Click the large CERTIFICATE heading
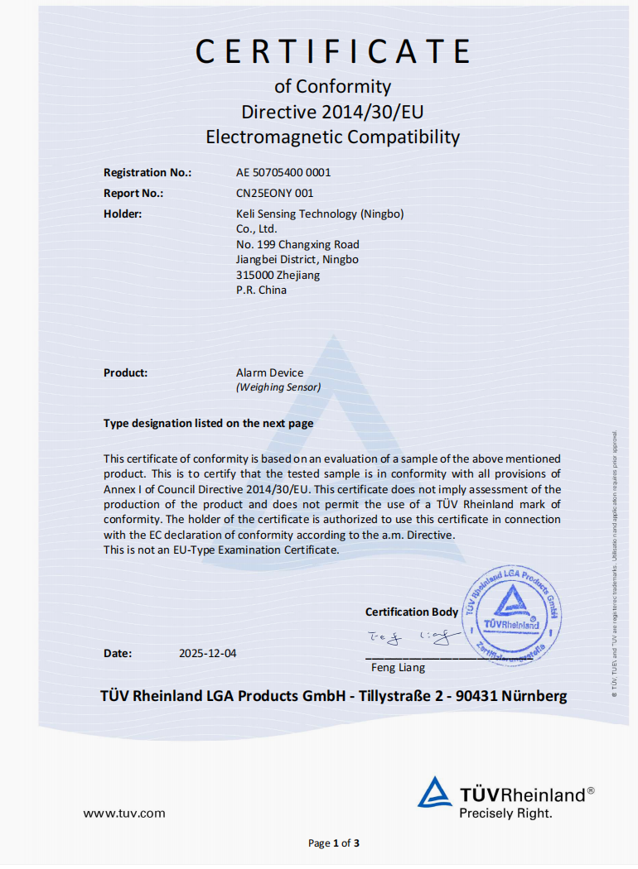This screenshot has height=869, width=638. coord(332,51)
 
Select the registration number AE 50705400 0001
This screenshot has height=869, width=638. coord(283,172)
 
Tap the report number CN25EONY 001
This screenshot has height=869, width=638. coord(275,193)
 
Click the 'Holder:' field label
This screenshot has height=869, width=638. coord(123,214)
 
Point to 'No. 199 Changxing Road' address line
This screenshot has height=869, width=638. coord(297,244)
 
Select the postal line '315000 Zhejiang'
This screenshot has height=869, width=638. coord(278,275)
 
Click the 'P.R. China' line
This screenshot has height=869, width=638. coord(261,290)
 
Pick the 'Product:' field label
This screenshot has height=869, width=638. coord(125,372)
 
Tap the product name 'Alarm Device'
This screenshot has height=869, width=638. coord(269,372)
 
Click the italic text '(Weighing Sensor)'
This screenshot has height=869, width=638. coord(278,386)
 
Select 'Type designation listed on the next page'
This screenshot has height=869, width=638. coord(208,423)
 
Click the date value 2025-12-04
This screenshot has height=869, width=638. coord(207,653)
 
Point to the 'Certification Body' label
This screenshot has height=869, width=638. coord(411,612)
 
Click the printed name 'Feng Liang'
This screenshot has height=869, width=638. coord(398,667)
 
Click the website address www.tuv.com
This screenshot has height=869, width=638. coord(123,813)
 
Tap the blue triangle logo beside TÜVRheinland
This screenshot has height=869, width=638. coord(434,792)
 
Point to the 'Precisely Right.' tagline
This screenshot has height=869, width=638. coord(505,814)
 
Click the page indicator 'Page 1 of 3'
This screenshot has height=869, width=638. coord(333,843)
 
